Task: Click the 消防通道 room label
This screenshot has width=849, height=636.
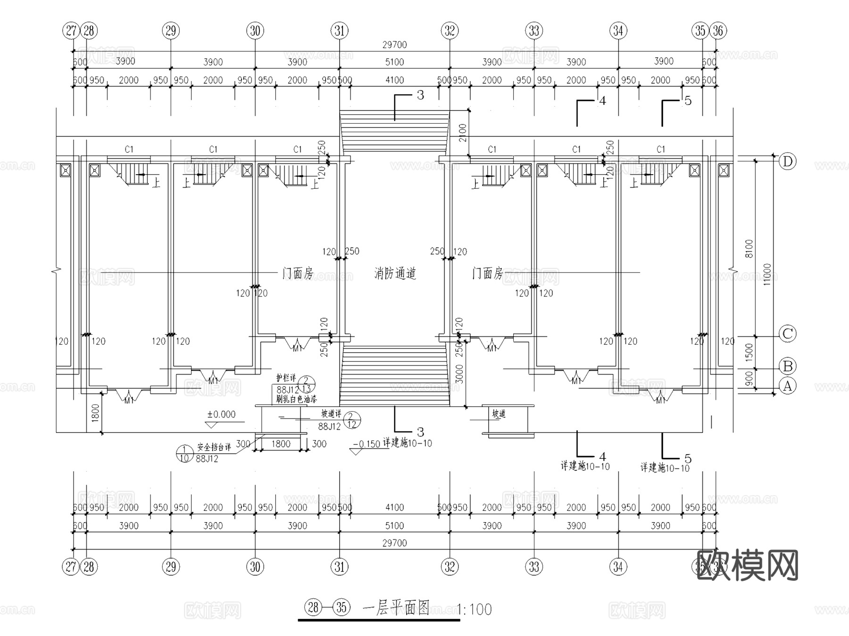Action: coord(395,273)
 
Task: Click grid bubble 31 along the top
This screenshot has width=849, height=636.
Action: coord(340,31)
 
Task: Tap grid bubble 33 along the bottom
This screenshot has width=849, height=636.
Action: coord(534,566)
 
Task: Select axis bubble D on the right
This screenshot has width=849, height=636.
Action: coord(787,161)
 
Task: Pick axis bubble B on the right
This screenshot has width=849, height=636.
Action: coord(787,366)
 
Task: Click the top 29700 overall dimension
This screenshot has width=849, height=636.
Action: coord(394,45)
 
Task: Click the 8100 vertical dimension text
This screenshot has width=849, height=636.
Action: coord(749,249)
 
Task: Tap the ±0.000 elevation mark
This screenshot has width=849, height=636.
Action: coord(221,415)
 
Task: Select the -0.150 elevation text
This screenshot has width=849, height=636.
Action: coord(366,444)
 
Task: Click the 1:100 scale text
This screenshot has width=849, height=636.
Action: coord(474,610)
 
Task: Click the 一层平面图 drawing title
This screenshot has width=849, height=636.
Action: coord(396,608)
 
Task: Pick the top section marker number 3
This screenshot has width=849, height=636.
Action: coord(420,95)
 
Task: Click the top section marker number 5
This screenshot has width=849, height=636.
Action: coord(688,101)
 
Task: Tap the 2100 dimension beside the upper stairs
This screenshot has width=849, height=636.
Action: coord(462,133)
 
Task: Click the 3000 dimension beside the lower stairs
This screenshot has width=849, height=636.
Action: coord(459,374)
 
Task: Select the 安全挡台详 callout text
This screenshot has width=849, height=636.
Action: coord(214,447)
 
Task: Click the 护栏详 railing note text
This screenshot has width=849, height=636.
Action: coord(286,378)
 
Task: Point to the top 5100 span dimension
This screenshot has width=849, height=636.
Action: coord(394,62)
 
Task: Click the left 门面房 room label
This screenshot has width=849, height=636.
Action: coord(297,273)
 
